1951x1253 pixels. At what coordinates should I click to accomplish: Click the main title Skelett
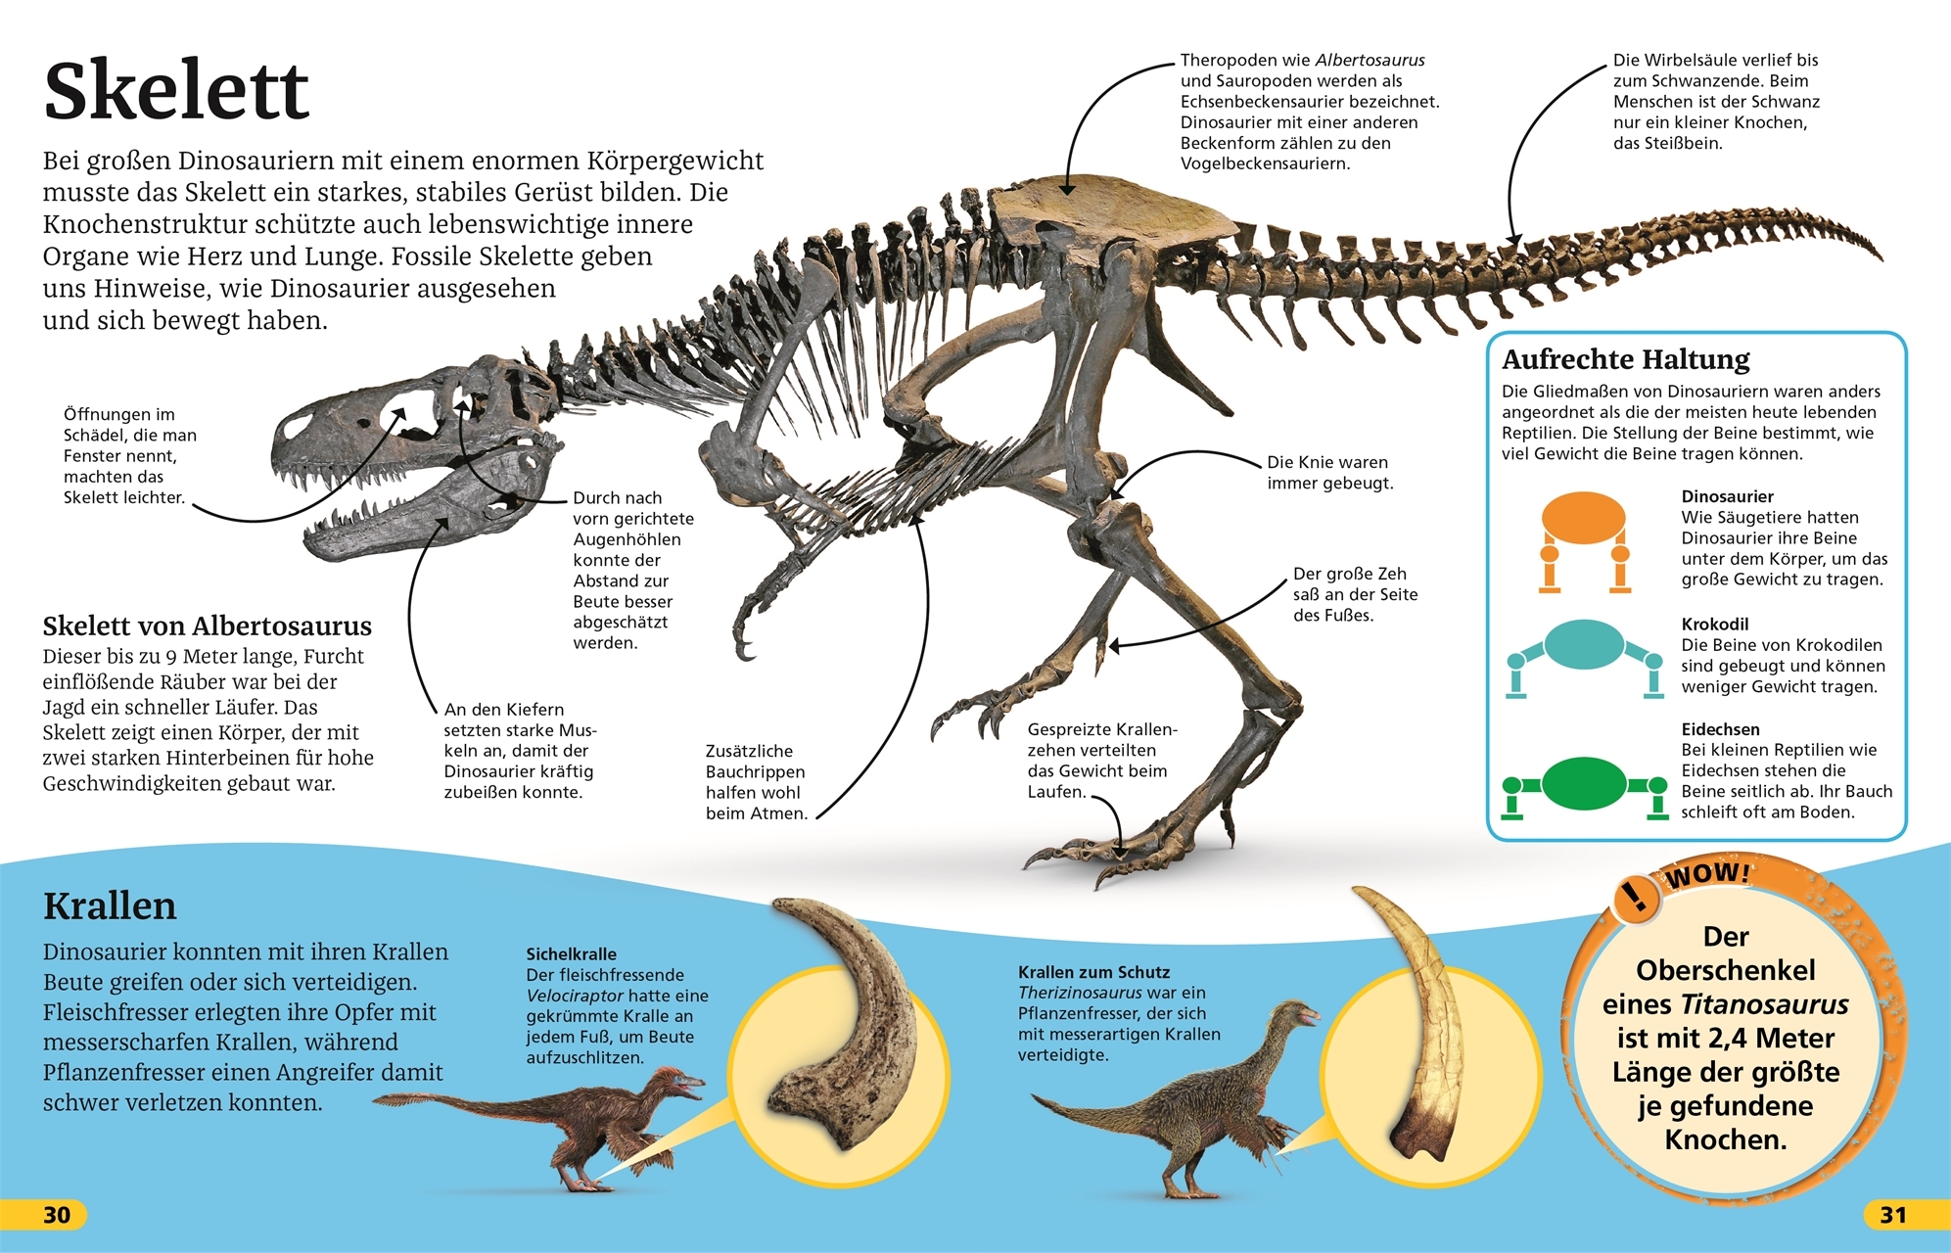click(x=176, y=90)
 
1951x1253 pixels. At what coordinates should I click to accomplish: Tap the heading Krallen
click(x=110, y=906)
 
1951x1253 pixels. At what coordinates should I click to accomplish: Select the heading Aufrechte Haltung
click(x=1625, y=359)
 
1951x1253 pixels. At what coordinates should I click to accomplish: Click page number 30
click(x=57, y=1215)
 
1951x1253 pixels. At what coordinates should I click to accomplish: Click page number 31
click(x=1893, y=1215)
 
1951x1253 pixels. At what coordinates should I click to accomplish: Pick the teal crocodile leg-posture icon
click(x=1584, y=655)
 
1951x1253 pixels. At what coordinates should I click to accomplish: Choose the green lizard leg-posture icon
click(x=1584, y=785)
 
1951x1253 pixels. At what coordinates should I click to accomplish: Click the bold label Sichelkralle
click(x=571, y=953)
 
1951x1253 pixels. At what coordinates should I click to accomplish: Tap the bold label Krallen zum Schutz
click(x=1093, y=972)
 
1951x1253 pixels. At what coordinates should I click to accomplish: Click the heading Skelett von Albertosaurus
click(x=207, y=626)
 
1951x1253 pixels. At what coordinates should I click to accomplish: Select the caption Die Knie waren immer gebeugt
click(x=1328, y=473)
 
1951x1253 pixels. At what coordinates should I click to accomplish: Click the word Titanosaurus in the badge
click(x=1764, y=1004)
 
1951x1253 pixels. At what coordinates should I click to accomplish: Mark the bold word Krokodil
click(x=1714, y=624)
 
